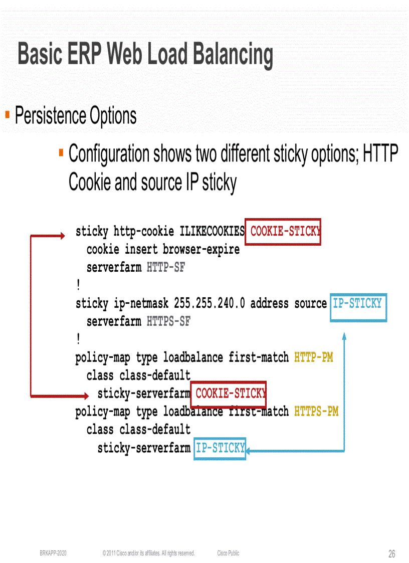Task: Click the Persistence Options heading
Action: [76, 116]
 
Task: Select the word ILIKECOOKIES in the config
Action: [212, 232]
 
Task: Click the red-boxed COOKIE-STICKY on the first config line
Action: [284, 232]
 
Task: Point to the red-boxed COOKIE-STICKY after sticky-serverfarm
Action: [229, 394]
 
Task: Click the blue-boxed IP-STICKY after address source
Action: [357, 303]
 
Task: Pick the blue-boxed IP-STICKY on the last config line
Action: [220, 448]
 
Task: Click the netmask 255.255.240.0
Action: [210, 303]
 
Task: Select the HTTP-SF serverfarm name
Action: [166, 268]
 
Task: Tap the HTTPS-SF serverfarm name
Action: [168, 321]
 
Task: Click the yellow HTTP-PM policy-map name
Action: [313, 357]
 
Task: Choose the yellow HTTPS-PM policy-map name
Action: [316, 412]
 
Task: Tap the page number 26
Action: [391, 554]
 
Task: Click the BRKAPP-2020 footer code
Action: [53, 553]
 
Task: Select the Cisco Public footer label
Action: [228, 553]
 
